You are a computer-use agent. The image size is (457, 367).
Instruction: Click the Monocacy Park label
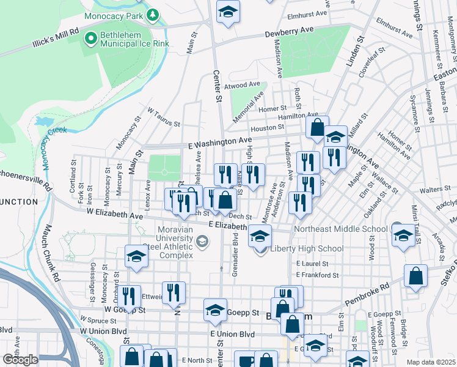point(114,14)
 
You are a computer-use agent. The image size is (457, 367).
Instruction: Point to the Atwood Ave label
point(243,86)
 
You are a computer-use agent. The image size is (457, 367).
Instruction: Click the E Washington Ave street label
point(221,142)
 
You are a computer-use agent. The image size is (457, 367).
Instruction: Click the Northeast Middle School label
point(340,229)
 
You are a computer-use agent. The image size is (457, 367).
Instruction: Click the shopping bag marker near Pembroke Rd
point(415,276)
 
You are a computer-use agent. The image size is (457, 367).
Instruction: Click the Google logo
point(20,360)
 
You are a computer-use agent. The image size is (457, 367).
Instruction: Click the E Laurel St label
point(312,264)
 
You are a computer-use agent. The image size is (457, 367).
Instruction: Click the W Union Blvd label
point(101,331)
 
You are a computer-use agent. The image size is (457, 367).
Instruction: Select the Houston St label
point(268,128)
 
